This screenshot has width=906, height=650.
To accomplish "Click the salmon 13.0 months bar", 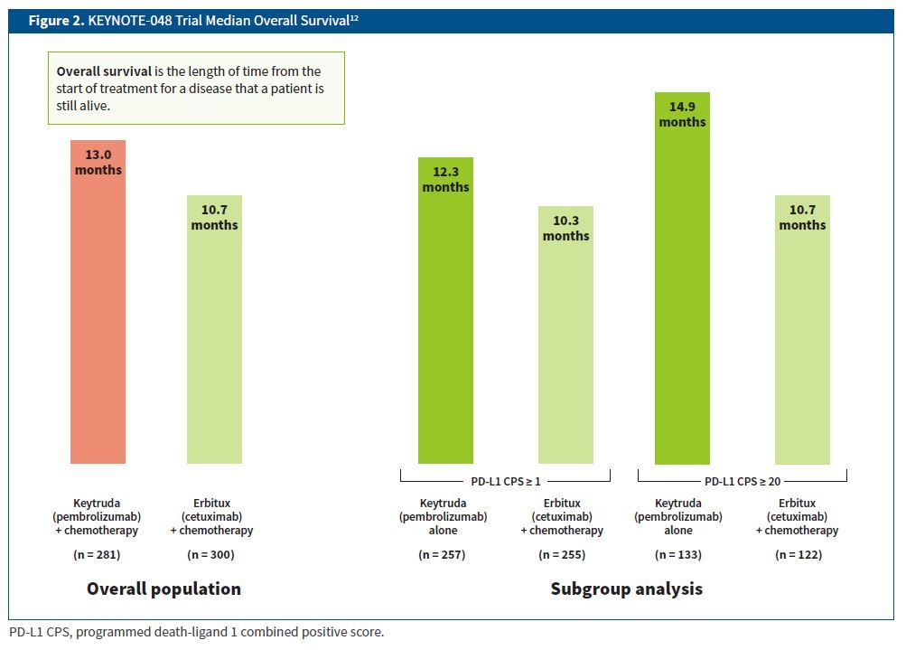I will [98, 316].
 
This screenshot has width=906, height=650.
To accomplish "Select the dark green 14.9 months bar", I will [682, 298].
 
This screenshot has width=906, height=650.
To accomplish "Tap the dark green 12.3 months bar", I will [445, 325].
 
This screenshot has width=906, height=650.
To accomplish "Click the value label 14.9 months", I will [682, 114].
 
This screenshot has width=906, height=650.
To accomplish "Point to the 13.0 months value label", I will [98, 162].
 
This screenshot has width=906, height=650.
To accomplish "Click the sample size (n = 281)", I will [97, 554].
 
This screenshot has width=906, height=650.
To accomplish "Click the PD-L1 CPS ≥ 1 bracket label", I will [505, 482].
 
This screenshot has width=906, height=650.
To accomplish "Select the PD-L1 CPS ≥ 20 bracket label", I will [743, 482].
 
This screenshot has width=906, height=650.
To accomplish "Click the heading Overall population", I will [163, 589].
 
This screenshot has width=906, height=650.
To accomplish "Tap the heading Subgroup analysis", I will [626, 589].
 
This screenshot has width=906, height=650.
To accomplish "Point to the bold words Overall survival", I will [103, 71].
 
